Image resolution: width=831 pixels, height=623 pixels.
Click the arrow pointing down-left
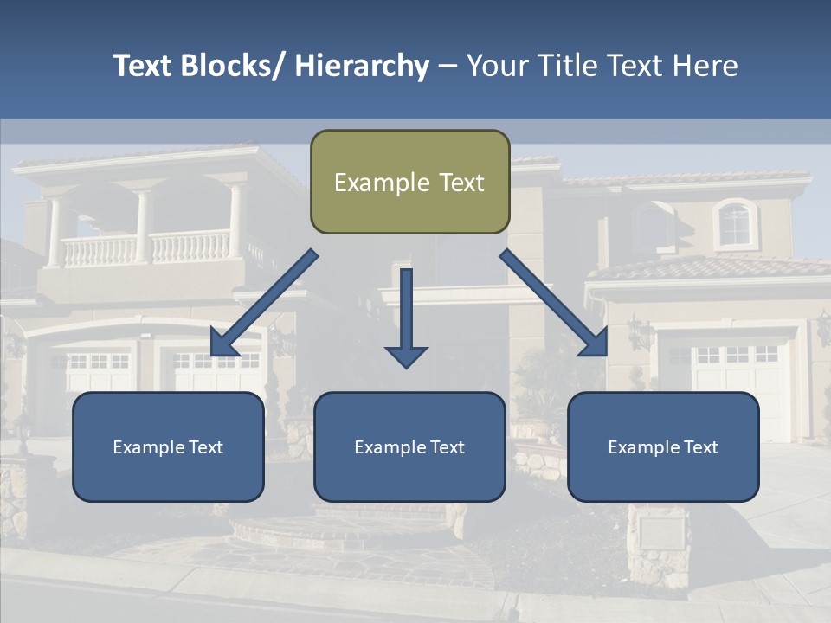(263, 303)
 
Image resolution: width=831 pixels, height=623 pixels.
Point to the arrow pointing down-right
(554, 303)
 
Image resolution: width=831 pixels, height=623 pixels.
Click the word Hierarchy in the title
(362, 66)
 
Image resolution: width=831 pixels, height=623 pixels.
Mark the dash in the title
(448, 67)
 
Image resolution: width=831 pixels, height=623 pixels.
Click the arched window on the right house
(735, 223)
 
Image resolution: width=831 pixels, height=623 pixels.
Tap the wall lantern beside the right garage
(640, 332)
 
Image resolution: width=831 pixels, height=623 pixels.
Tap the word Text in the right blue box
(700, 447)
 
